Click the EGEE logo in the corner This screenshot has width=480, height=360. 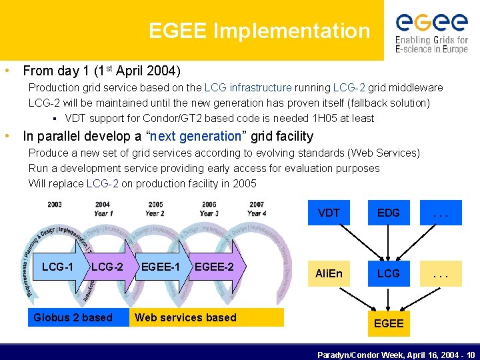(431, 31)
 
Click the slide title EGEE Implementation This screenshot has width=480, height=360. (259, 31)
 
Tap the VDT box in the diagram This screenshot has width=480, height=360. (329, 213)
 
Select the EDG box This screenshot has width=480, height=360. (388, 213)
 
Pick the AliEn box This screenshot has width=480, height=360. (329, 273)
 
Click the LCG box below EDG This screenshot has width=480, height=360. (388, 273)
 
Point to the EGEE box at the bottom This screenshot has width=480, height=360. (388, 323)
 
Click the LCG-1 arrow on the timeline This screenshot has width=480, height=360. (58, 267)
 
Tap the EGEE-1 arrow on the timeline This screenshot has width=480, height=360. (161, 267)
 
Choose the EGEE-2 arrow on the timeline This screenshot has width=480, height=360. (215, 267)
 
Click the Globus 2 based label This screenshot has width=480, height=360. (73, 317)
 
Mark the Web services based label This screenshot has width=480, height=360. (186, 317)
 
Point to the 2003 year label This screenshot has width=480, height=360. (55, 205)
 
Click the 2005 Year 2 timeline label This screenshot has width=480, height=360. (155, 209)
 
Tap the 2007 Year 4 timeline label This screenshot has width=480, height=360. (256, 209)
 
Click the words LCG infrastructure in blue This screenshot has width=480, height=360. (248, 87)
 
